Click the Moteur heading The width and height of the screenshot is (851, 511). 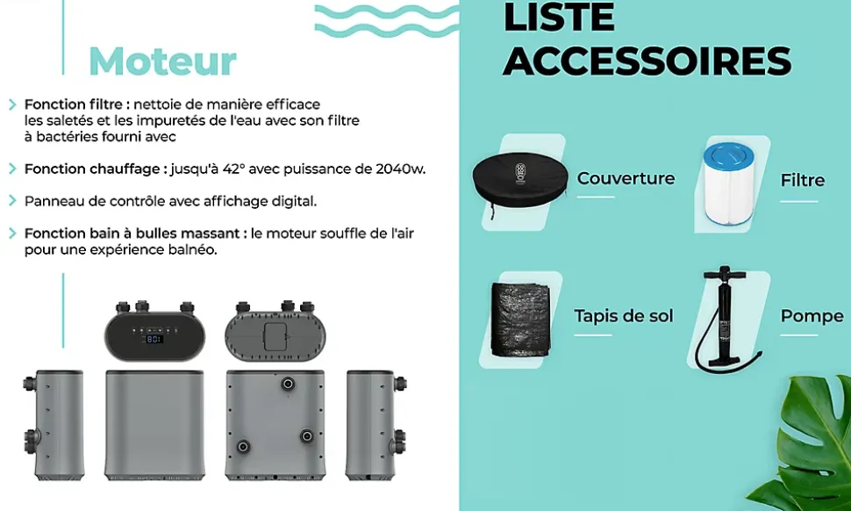[x=163, y=61]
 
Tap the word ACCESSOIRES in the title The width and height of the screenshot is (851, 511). [x=647, y=61]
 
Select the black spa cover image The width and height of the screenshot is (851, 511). [x=520, y=178]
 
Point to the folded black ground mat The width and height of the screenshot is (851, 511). [x=520, y=320]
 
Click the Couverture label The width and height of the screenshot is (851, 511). [x=626, y=178]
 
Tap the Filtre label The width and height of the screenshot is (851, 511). [x=802, y=180]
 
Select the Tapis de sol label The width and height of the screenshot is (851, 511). [x=624, y=315]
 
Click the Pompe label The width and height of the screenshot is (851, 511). [x=812, y=316]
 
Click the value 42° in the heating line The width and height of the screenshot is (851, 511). [x=234, y=169]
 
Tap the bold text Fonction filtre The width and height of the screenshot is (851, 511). [x=74, y=104]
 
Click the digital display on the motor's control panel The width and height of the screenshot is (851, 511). [x=154, y=339]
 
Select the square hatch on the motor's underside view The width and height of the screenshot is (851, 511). [x=275, y=336]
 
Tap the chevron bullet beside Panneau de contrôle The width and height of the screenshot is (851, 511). [x=12, y=201]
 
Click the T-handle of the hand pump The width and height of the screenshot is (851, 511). [x=725, y=270]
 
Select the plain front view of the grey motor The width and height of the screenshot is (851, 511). [x=154, y=425]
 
